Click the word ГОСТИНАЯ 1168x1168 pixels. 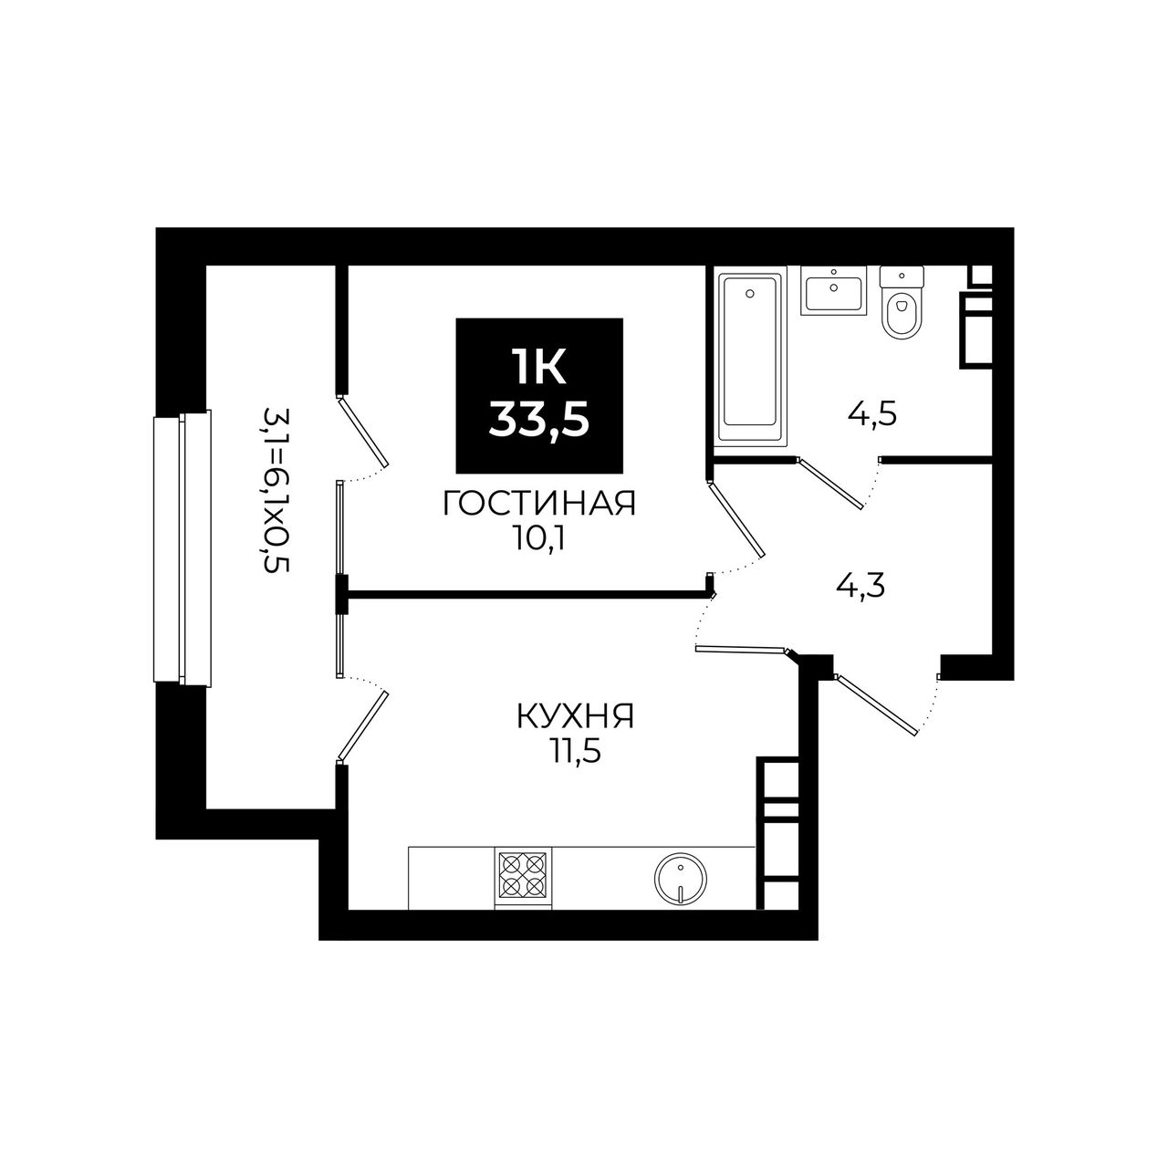click(539, 505)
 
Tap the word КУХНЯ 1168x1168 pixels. click(575, 716)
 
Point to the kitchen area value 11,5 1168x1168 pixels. click(575, 753)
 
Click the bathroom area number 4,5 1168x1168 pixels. click(871, 416)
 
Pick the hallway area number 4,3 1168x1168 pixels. click(860, 586)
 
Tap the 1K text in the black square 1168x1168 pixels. click(539, 368)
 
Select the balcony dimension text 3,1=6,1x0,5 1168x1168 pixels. click(276, 490)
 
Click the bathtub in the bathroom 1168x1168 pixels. click(749, 360)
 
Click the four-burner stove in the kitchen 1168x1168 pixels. click(523, 878)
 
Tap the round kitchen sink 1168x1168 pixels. click(681, 880)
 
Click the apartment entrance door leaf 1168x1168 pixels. click(876, 704)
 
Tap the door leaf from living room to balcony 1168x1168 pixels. click(362, 431)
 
